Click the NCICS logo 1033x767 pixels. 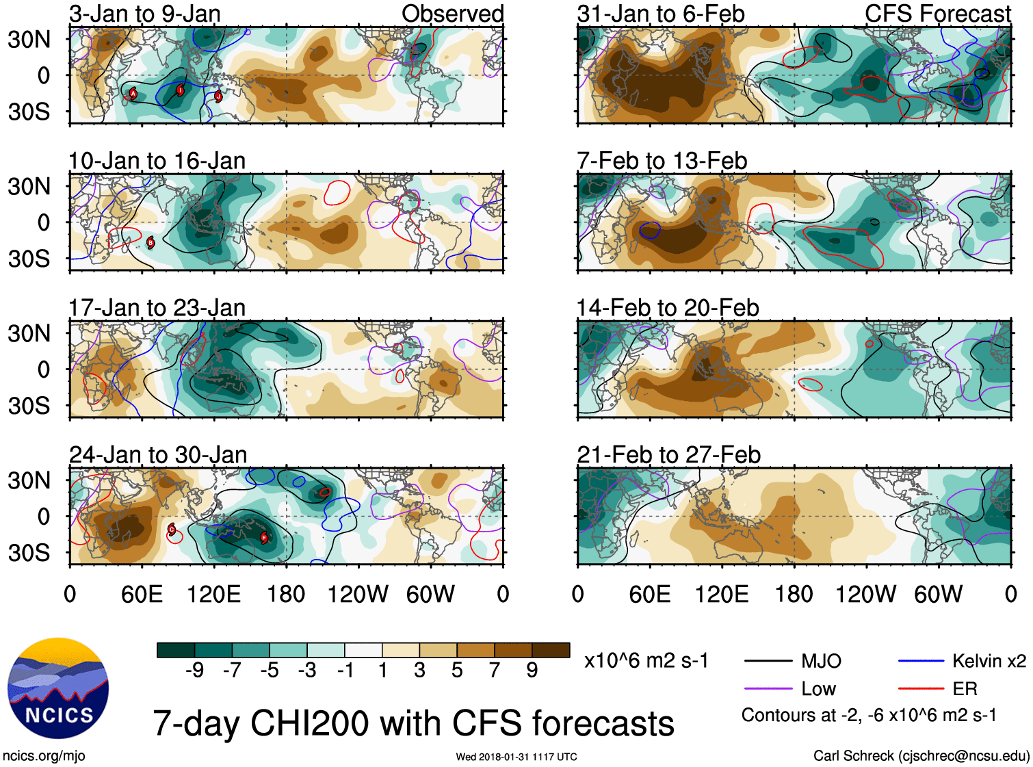pos(57,688)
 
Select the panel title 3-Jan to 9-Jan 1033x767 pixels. pos(144,14)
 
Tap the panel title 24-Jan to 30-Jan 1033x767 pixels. pos(157,455)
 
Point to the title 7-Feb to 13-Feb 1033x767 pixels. pos(662,161)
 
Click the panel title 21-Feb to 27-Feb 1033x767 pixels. pos(668,455)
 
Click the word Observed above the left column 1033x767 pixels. pos(452,14)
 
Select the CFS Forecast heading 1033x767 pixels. pos(937,14)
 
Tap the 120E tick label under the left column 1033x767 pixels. pos(214,594)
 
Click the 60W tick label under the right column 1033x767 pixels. pos(938,594)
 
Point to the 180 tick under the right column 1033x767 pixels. pos(794,594)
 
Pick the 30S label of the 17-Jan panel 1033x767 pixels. pos(29,406)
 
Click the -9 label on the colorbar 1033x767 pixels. pos(194,671)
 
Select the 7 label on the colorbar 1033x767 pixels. pos(495,671)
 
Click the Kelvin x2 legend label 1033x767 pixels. pos(989,661)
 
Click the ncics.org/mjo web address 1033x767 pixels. pos(44,756)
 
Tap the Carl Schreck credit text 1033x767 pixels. pos(921,756)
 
